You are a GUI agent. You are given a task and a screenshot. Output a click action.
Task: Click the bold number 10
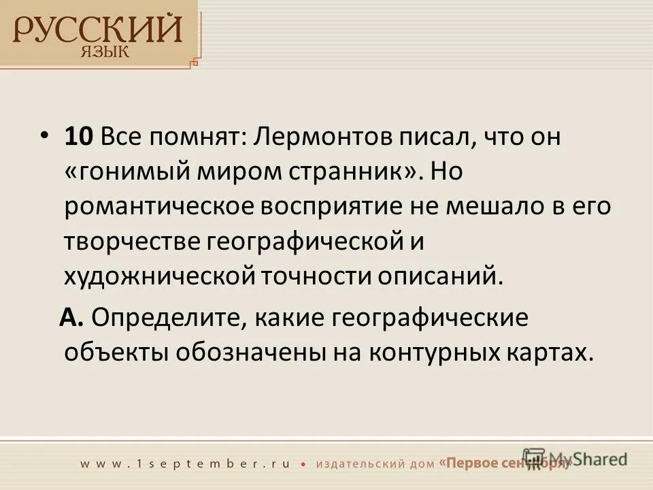80,137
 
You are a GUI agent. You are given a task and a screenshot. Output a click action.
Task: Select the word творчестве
132,242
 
